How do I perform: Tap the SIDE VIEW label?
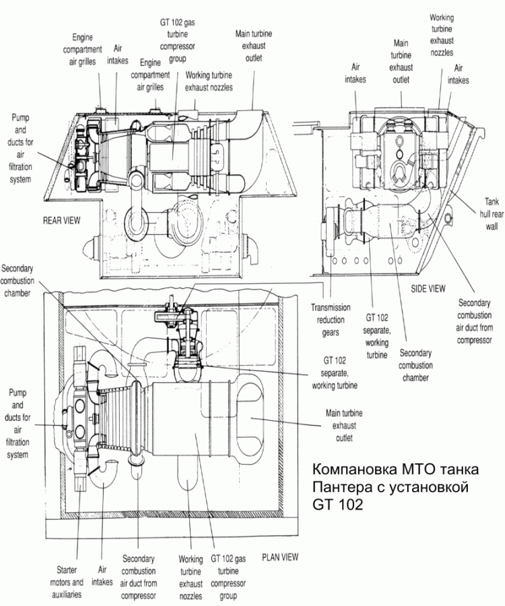pyautogui.click(x=428, y=288)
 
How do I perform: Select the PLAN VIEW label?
pyautogui.click(x=280, y=557)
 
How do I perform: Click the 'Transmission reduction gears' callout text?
pyautogui.click(x=331, y=320)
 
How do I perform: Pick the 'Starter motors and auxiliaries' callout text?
pyautogui.click(x=67, y=576)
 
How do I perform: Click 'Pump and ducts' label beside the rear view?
pyautogui.click(x=21, y=147)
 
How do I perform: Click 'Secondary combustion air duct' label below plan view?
pyautogui.click(x=139, y=577)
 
